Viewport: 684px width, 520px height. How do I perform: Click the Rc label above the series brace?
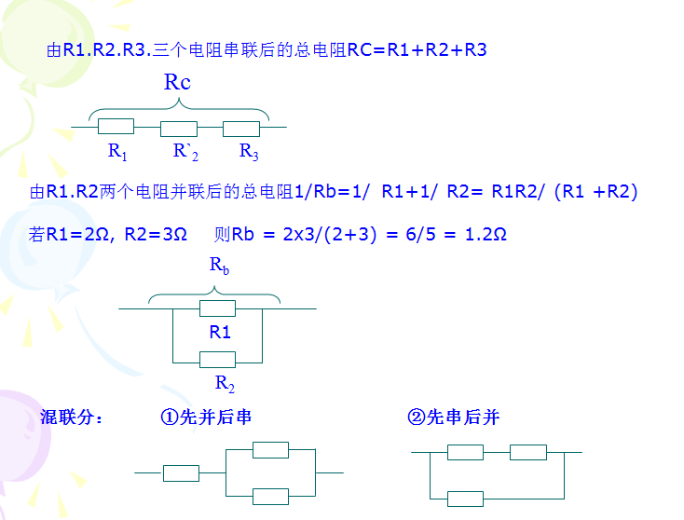click(177, 82)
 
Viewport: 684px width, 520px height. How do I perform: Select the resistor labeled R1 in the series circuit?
click(116, 127)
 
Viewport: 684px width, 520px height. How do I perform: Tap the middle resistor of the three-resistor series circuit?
click(179, 129)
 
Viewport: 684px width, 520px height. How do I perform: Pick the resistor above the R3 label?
click(241, 129)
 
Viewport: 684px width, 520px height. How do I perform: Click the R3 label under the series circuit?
click(249, 151)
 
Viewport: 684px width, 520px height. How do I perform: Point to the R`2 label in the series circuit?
click(185, 151)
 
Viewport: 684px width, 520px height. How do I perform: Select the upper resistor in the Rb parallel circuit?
click(218, 308)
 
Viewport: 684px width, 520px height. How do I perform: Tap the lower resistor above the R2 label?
click(218, 359)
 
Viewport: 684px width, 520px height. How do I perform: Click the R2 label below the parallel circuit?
click(225, 382)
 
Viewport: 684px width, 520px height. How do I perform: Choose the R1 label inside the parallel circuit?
click(220, 332)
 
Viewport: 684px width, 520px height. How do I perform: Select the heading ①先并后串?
click(206, 417)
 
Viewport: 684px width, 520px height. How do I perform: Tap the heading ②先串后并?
click(454, 417)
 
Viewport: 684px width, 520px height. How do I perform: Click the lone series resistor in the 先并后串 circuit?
click(181, 472)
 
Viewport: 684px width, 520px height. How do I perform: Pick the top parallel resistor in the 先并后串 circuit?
click(270, 450)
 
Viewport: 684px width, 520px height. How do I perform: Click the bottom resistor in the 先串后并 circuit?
click(465, 499)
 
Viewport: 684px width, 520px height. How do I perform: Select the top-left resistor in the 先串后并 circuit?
click(465, 452)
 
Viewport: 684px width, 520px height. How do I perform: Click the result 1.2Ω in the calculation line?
click(485, 234)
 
